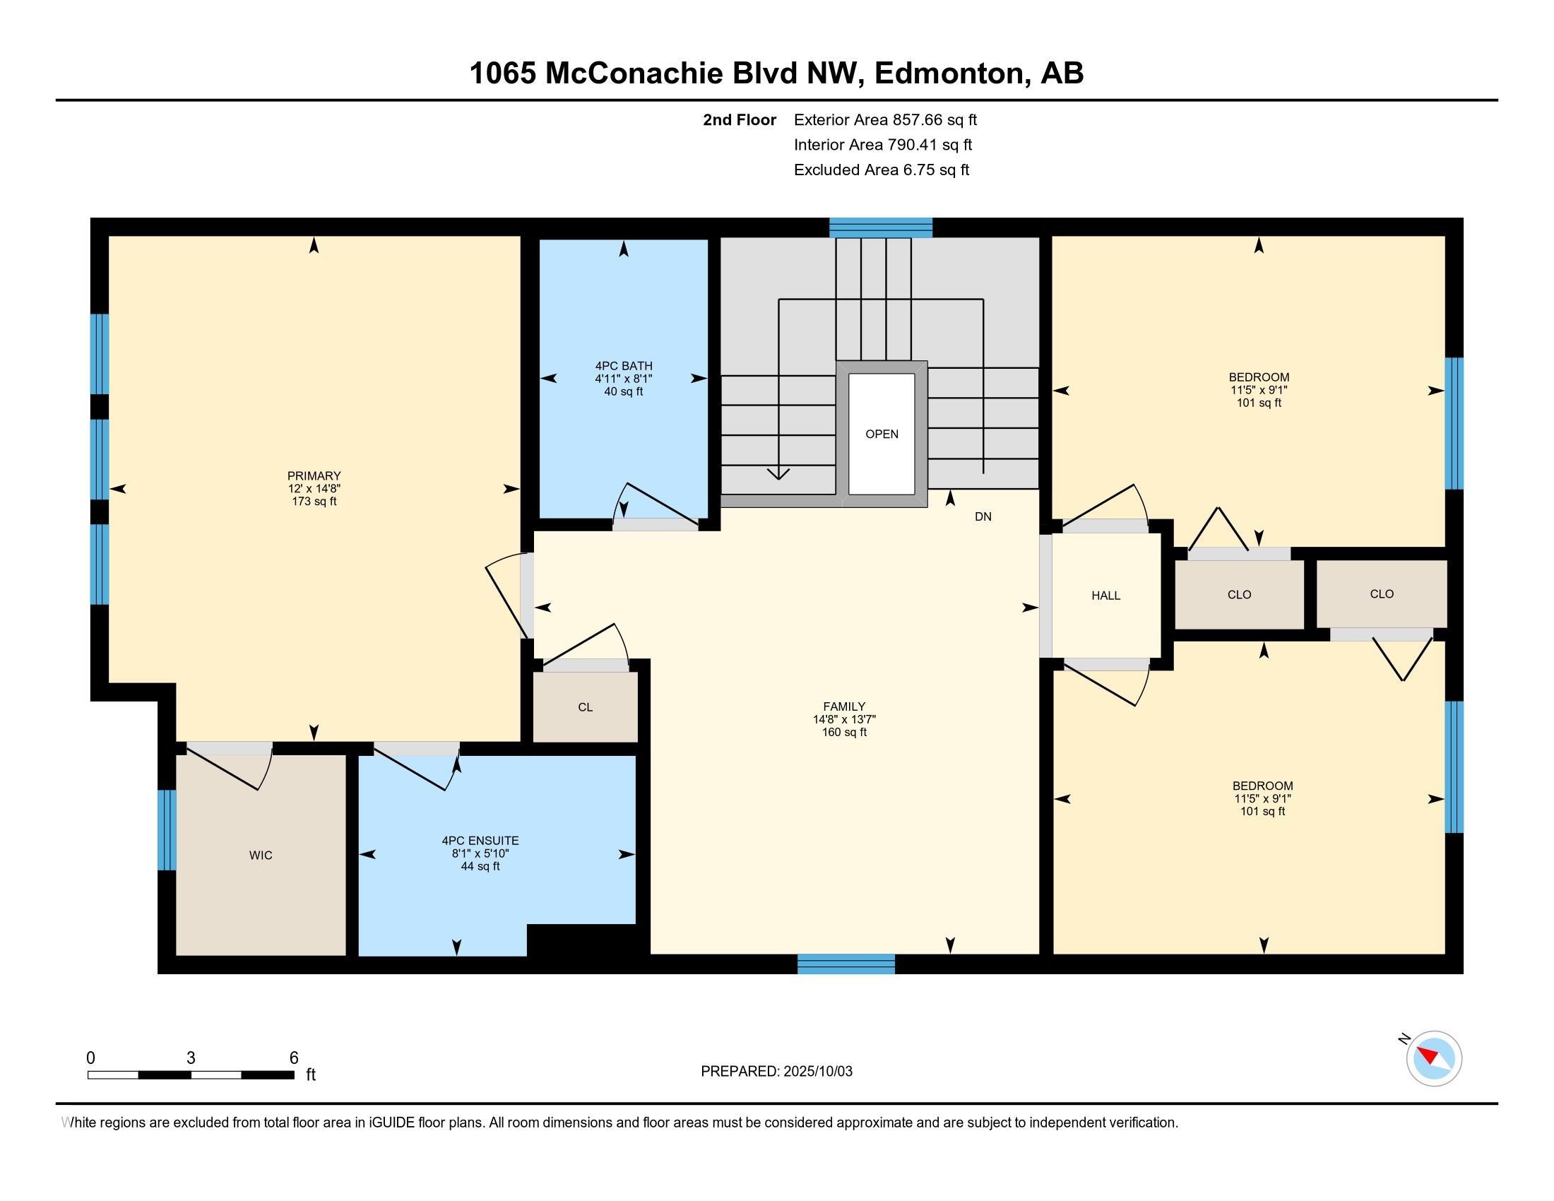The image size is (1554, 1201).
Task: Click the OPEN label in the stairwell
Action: point(882,434)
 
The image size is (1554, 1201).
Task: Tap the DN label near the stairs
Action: point(983,516)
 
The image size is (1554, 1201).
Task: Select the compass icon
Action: point(1434,1059)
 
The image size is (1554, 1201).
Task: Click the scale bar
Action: point(191,1075)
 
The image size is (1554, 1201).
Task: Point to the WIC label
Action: point(261,856)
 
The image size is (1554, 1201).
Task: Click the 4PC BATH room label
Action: point(623,366)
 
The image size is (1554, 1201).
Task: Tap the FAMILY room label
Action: point(844,706)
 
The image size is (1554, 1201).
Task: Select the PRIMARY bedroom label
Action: point(314,476)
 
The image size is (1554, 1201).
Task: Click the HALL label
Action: point(1105,596)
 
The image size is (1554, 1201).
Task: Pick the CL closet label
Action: point(585,707)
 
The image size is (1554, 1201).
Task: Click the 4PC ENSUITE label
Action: point(480,841)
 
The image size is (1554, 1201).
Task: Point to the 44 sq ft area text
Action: point(480,867)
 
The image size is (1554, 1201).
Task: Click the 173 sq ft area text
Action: point(314,502)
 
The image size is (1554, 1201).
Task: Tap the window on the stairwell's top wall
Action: point(881,227)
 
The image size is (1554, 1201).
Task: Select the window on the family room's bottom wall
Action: point(846,964)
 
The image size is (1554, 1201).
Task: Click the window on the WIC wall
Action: point(167,829)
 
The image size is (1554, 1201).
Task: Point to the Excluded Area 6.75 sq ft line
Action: point(882,170)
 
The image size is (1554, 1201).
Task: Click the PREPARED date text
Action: point(776,1072)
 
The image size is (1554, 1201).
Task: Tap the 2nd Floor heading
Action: point(740,120)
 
